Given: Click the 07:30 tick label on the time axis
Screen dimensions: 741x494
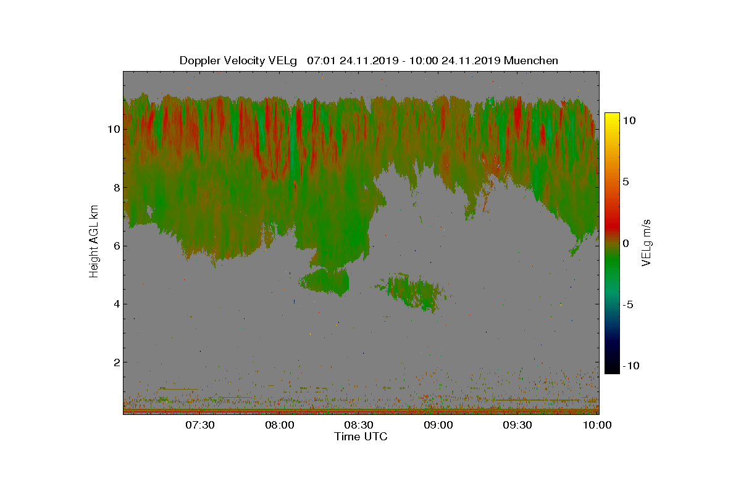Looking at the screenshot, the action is (x=200, y=425).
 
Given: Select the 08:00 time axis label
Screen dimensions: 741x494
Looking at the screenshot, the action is (x=280, y=425).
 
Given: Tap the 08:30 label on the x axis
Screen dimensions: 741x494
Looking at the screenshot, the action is (x=359, y=425).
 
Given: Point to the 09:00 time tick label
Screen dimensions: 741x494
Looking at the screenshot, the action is (x=438, y=425).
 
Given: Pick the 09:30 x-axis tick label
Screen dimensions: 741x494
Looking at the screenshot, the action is (x=517, y=425).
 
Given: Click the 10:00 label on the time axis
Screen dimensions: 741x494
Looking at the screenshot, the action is (x=597, y=425).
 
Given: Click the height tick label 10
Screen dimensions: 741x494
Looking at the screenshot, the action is (x=114, y=129).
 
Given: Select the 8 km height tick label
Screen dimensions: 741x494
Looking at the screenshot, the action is (x=117, y=188).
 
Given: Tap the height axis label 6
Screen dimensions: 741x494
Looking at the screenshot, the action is (x=117, y=246).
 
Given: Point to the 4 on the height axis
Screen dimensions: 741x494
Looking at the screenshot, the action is (x=117, y=304).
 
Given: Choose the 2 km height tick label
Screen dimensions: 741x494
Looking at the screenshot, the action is (x=117, y=362).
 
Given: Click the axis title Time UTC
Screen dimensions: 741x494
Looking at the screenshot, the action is (x=361, y=437).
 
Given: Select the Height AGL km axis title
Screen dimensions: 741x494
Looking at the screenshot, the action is (x=94, y=241).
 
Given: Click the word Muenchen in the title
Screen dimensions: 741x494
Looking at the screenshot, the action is (x=531, y=61).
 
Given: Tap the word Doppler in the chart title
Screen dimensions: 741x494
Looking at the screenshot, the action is (x=200, y=61).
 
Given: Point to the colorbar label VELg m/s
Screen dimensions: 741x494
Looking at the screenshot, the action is (x=646, y=243).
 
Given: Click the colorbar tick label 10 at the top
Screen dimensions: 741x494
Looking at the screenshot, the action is (x=629, y=120).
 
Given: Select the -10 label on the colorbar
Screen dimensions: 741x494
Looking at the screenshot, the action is (x=631, y=366).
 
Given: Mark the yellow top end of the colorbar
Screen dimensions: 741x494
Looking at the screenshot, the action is (x=612, y=114).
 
